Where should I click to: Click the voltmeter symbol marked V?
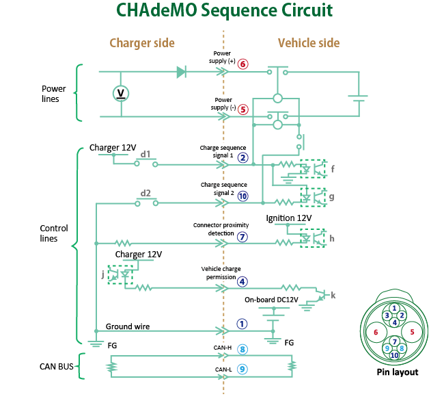coord(121,94)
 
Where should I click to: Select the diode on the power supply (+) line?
coord(182,72)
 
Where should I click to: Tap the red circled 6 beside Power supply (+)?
coord(242,64)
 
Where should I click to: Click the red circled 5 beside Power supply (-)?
coord(243,109)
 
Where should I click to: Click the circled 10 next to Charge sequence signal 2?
coord(243,196)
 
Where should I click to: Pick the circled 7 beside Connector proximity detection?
coord(242,237)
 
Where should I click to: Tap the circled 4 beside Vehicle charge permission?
coord(242,282)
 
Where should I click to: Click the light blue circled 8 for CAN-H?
coord(242,350)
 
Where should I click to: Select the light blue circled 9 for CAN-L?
coord(242,370)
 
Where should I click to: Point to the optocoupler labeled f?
coord(313,169)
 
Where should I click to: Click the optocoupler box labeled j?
coord(120,275)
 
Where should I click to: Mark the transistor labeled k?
coord(322,296)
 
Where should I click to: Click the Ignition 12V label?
coord(289,218)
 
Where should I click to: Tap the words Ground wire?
coord(128,326)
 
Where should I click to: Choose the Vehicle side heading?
coord(309,43)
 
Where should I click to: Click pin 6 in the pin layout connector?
coord(376,332)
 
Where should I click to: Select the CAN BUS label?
coord(56,367)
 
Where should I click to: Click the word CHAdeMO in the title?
coord(156,10)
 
